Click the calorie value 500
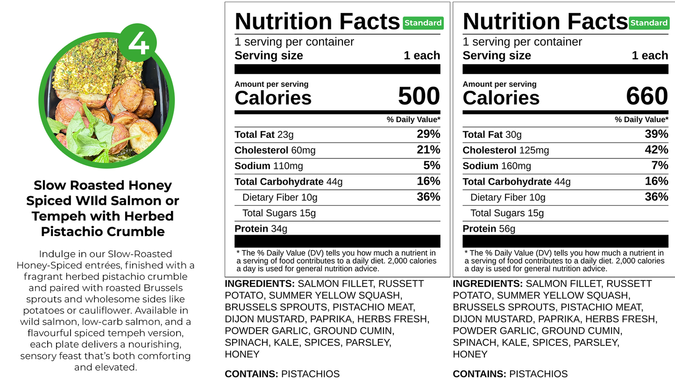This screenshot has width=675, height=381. click(x=419, y=96)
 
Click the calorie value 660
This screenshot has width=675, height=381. click(x=647, y=96)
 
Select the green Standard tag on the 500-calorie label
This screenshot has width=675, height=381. click(x=423, y=23)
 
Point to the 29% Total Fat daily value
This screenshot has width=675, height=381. click(x=428, y=134)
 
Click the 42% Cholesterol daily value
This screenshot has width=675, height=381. click(x=656, y=150)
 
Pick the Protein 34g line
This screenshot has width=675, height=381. click(x=261, y=229)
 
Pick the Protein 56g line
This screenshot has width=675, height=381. click(x=489, y=229)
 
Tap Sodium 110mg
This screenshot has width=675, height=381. click(x=269, y=166)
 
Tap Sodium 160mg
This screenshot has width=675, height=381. click(x=497, y=166)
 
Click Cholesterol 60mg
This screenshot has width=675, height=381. click(x=275, y=150)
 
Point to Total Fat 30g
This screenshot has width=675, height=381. click(x=492, y=135)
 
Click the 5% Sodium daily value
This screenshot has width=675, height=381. click(x=432, y=165)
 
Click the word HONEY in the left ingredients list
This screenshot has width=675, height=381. click(x=242, y=354)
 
